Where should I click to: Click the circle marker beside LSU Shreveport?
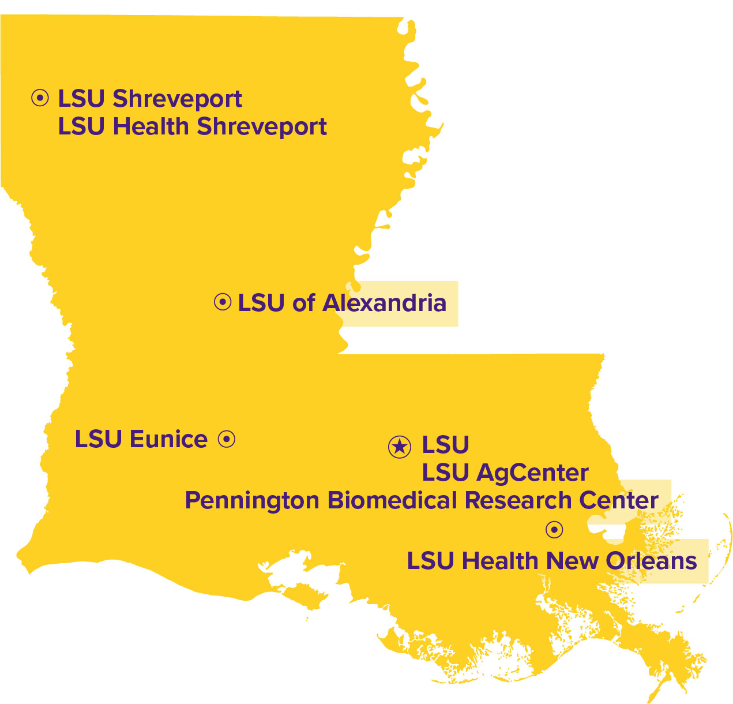(40, 99)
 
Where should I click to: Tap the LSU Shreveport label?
(150, 99)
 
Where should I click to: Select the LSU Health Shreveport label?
(192, 127)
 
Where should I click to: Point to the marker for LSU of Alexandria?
(223, 302)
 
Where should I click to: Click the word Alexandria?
(384, 303)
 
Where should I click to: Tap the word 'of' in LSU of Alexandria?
(303, 303)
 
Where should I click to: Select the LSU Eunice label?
(141, 439)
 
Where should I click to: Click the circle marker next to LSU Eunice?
(227, 439)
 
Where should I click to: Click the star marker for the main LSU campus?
(399, 447)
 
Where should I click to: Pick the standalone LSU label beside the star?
(445, 445)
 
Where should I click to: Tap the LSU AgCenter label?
(505, 473)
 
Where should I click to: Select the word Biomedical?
(393, 500)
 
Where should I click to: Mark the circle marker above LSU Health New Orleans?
(554, 529)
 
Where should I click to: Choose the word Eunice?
(168, 439)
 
